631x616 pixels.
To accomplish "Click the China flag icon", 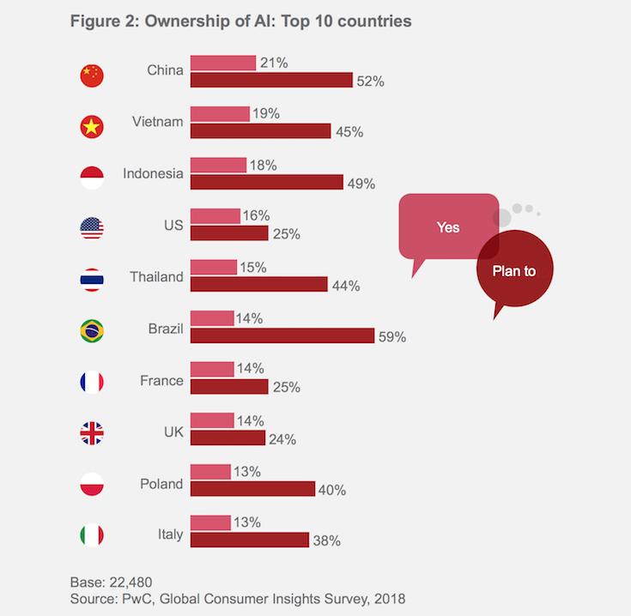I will pos(92,75).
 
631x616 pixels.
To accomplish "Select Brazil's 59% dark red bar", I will pos(282,335).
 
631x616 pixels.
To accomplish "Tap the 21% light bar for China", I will pos(222,63).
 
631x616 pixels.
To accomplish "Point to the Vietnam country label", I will pos(157,122).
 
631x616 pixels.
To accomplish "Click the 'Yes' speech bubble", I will pos(447,227).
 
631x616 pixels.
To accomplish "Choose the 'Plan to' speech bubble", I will pos(514,271).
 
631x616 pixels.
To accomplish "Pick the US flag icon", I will pos(92,228).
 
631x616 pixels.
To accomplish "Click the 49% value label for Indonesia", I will pos(359,184).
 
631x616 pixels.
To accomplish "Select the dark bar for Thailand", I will pos(258,284).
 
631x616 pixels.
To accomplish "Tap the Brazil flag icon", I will pos(92,330).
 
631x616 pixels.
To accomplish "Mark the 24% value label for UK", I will pos(282,439).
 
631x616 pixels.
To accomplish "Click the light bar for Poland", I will pos(210,472).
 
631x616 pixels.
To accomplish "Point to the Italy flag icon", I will pos(92,535).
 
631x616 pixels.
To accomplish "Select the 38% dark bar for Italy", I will pos(249,540).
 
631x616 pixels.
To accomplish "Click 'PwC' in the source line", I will pos(143,598).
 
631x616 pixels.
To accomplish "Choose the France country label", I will pos(161,380).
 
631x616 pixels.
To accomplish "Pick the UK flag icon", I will pos(92,433).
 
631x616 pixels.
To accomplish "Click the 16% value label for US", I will pos(256,215).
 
